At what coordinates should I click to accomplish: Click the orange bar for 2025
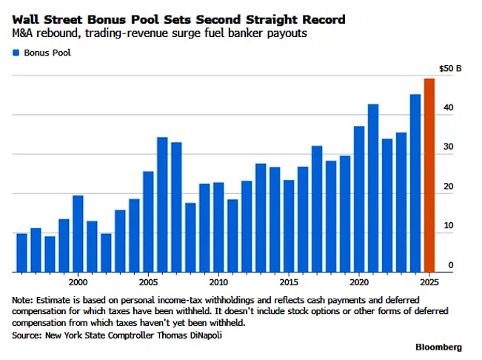tap(429, 176)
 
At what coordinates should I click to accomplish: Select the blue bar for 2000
tap(78, 233)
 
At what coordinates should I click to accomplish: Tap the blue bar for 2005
tap(148, 221)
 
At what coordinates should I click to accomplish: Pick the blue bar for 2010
tap(218, 227)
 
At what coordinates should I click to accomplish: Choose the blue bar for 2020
tap(359, 199)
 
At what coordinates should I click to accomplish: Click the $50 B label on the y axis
tap(449, 68)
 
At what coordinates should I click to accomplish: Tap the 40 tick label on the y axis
tap(448, 108)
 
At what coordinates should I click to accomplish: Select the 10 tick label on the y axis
tap(448, 224)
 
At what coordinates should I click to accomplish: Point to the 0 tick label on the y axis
tap(450, 264)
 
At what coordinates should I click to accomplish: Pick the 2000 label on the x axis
tap(78, 282)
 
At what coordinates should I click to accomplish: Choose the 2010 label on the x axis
tap(218, 282)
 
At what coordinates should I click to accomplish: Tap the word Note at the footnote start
tap(23, 300)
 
